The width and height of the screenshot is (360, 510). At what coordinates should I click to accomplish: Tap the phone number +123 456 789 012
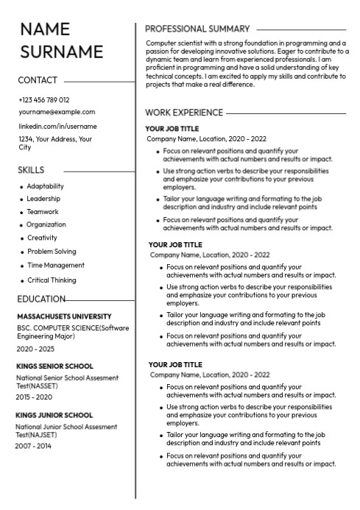point(43,99)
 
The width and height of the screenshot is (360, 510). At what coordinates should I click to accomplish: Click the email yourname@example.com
point(57,112)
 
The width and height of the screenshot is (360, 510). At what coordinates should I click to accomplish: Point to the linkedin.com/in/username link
point(57,126)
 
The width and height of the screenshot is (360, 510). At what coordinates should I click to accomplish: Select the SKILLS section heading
point(31,170)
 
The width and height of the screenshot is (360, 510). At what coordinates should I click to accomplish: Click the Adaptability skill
point(46,186)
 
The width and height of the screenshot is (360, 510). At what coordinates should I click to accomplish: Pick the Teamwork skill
point(43,212)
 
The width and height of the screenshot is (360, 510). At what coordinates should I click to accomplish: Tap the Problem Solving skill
point(52,252)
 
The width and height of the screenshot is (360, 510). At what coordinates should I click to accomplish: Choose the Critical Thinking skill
point(52,280)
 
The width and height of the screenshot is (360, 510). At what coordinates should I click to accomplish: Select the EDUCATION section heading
point(41,299)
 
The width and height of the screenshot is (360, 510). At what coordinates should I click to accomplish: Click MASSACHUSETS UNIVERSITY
point(64,316)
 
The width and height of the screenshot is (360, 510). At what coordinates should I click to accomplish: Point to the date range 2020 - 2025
point(35,349)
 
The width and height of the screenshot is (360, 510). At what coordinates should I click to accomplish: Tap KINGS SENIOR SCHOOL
point(54,366)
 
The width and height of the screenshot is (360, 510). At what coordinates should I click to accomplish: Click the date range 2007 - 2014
point(35,446)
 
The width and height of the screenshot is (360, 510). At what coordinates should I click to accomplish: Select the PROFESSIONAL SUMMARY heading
point(198,29)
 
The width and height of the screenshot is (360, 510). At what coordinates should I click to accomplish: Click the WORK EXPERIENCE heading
point(184,113)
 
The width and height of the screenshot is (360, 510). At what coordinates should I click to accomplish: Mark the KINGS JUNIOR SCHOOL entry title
point(54,414)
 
